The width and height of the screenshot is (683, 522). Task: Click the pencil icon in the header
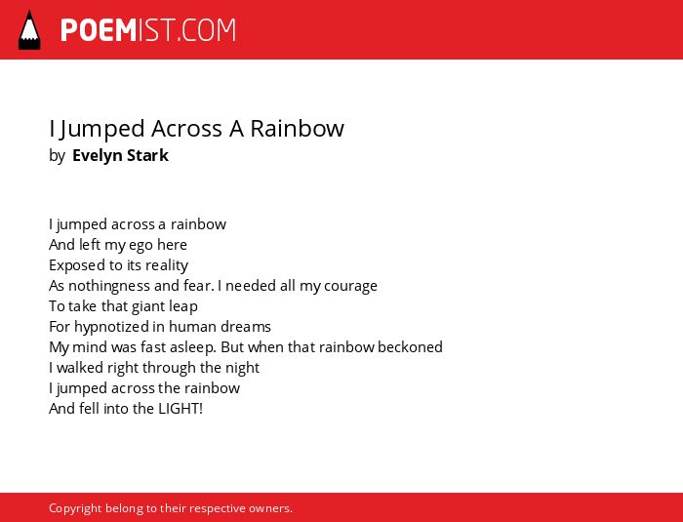click(29, 30)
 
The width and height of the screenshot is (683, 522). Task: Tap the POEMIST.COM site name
click(148, 30)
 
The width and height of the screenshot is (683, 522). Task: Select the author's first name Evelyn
click(97, 155)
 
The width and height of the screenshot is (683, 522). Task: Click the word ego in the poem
click(141, 245)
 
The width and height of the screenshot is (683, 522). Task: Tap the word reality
click(167, 265)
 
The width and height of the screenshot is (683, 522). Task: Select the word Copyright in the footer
click(75, 508)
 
